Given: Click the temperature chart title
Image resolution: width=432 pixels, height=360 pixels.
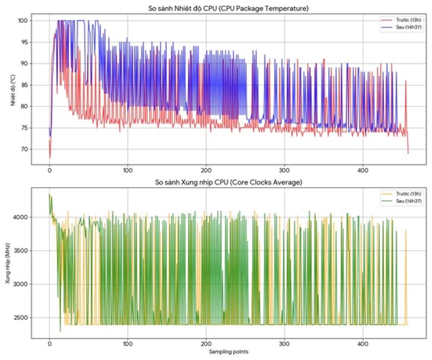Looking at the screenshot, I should [229, 8].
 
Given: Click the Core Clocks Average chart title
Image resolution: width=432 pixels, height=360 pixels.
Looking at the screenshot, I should [229, 182].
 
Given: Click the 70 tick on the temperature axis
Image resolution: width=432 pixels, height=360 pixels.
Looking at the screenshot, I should [24, 149].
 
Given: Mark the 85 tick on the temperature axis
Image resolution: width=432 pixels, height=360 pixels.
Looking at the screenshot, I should [24, 85].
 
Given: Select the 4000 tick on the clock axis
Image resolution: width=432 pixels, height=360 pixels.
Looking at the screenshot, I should [21, 218].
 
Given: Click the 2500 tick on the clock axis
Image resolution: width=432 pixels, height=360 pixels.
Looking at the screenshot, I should [21, 318].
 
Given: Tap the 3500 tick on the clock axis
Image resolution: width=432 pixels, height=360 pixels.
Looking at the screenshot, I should [21, 251].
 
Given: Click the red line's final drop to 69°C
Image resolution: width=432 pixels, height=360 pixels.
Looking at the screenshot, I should [408, 153].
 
